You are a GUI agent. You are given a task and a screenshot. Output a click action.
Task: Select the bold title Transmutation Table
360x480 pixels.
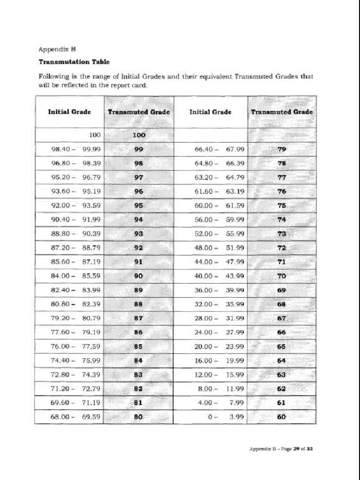pos(74,61)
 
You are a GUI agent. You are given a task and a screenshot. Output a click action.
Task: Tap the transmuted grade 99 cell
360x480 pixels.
pos(138,150)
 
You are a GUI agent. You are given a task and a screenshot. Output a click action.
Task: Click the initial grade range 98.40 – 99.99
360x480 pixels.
pos(75,150)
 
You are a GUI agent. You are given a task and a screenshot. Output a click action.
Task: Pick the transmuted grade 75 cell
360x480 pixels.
pos(282,206)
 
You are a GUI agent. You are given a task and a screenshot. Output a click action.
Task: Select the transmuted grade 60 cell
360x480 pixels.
pos(282,417)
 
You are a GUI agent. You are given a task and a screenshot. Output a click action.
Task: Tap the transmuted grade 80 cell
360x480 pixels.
pos(138,417)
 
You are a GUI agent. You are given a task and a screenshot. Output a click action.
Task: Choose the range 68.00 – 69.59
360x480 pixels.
pos(75,417)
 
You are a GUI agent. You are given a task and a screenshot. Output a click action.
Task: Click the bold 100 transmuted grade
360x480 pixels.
pos(139,135)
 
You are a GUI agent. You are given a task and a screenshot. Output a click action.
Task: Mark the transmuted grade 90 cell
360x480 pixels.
pos(138,276)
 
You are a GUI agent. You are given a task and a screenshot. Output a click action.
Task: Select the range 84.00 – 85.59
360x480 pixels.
pos(75,276)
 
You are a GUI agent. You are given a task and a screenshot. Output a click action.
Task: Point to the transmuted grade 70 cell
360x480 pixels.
pos(282,276)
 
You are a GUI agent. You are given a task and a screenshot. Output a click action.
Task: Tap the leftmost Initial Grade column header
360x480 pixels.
pos(69,112)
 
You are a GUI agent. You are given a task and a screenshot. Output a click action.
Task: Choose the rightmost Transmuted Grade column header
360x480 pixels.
pos(282,112)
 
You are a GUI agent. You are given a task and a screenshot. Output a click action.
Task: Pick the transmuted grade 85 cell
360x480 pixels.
pos(138,346)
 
